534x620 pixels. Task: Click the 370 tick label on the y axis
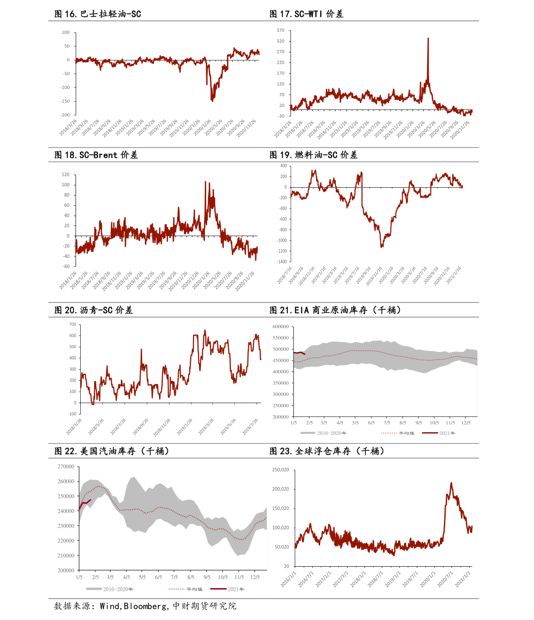coord(281,31)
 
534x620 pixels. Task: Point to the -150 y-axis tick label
coord(65,101)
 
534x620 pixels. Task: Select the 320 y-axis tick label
coord(281,41)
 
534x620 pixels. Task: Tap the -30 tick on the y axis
coord(281,116)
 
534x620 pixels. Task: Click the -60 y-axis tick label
coord(65,267)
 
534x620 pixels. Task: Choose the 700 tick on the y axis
coord(72,324)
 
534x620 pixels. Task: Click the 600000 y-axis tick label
coord(281,327)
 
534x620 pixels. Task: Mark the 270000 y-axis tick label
coord(66,467)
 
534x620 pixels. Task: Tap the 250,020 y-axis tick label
coord(280,470)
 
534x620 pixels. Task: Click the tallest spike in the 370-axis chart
coord(428,38)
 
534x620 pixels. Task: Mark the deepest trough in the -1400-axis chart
coord(382,247)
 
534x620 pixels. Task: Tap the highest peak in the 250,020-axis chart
coord(451,483)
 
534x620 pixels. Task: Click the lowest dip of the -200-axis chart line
coord(212,101)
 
